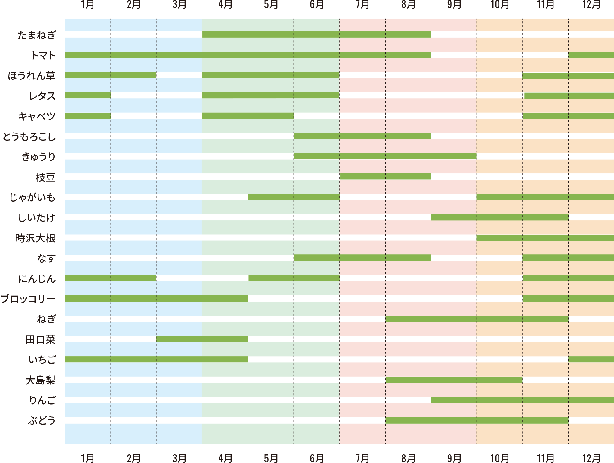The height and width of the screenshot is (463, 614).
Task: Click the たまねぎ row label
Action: coord(37,35)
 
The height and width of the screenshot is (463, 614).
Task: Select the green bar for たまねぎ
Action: coord(316,34)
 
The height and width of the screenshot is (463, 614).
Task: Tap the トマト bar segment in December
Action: coord(591,55)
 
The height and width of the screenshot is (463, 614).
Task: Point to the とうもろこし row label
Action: coord(29,137)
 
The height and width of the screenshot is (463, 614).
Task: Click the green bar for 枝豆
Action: coord(385,177)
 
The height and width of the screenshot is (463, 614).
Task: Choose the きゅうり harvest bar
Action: coord(385,156)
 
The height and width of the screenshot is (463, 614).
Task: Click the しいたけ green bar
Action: coord(500,217)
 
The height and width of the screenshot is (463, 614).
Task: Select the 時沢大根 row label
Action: coord(35,238)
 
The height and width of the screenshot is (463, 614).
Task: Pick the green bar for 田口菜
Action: coord(202,339)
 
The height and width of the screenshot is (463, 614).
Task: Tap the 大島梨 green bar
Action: coord(454,380)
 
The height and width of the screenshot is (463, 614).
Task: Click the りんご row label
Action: coord(42,400)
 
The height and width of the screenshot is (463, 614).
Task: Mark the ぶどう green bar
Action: coord(477,420)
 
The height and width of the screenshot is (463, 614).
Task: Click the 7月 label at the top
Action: coord(362,5)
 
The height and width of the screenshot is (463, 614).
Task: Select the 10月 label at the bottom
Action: coord(499,458)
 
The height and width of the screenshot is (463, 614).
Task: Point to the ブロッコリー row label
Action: coord(28,299)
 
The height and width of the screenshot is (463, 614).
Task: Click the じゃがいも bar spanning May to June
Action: coord(293,197)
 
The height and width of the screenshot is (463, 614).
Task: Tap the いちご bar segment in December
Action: coord(591,359)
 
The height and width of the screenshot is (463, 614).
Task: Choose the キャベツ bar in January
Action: coord(88,116)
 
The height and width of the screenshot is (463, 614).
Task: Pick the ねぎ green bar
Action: coord(477,319)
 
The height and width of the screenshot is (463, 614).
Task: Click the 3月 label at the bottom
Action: coord(179,458)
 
